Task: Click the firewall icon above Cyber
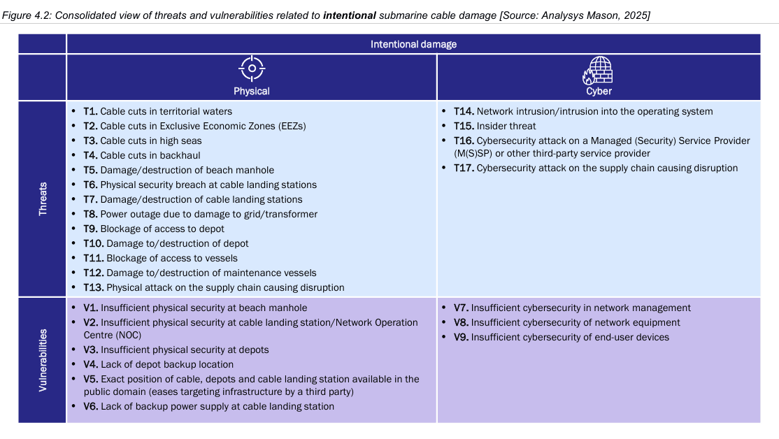coord(599,70)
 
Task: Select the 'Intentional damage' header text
coord(413,44)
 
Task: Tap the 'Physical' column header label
coord(252,91)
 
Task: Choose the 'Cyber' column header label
coord(599,91)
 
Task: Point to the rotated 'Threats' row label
coord(43,198)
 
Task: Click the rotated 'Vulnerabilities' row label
coord(43,359)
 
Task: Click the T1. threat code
coord(90,111)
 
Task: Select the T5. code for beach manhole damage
coord(90,170)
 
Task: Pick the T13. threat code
coord(93,287)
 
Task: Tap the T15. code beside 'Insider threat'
coord(464,126)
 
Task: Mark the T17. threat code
coord(464,168)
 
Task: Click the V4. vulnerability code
coord(91,364)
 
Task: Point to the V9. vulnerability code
coord(461,337)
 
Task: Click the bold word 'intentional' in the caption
coord(350,15)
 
